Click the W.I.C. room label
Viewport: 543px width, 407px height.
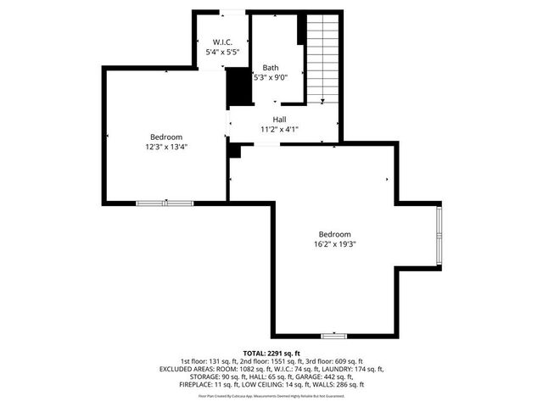tap(222, 42)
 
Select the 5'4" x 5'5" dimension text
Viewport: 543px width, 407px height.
tap(222, 52)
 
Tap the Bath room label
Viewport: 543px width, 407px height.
tap(270, 68)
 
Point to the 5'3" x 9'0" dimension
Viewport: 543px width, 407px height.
tap(271, 77)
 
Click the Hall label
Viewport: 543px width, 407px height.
tap(279, 120)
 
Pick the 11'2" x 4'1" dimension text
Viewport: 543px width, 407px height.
tap(279, 130)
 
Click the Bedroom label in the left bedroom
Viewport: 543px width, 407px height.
tap(166, 137)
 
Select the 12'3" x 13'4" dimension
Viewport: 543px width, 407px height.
tap(166, 147)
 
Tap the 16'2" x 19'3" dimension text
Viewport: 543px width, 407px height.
tap(334, 244)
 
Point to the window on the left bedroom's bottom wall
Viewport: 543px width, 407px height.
tap(165, 203)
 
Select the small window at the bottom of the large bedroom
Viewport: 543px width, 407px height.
tap(333, 337)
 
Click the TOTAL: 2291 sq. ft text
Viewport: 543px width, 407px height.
tap(271, 354)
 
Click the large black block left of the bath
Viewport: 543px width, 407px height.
tap(239, 86)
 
